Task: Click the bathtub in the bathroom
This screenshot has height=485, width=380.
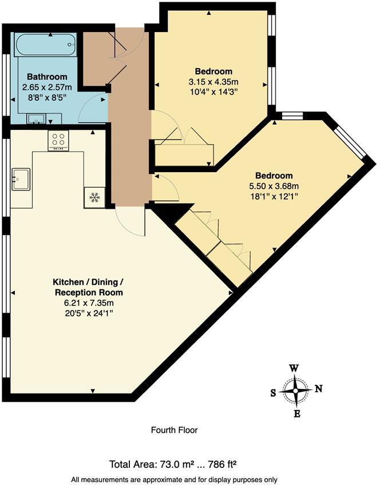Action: [x=45, y=43]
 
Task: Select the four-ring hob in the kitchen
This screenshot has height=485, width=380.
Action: [x=58, y=140]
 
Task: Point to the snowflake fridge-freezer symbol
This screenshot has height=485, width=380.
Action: [x=94, y=197]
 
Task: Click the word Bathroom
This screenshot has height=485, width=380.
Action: [x=47, y=77]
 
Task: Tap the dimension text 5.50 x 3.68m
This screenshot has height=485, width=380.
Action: [x=274, y=185]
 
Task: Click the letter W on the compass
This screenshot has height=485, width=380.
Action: [x=293, y=368]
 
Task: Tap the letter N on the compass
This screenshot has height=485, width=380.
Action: [x=319, y=389]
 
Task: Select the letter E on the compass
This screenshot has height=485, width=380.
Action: [x=296, y=414]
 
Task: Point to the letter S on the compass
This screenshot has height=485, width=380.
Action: [x=273, y=393]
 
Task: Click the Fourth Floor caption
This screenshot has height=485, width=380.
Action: [x=174, y=430]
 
